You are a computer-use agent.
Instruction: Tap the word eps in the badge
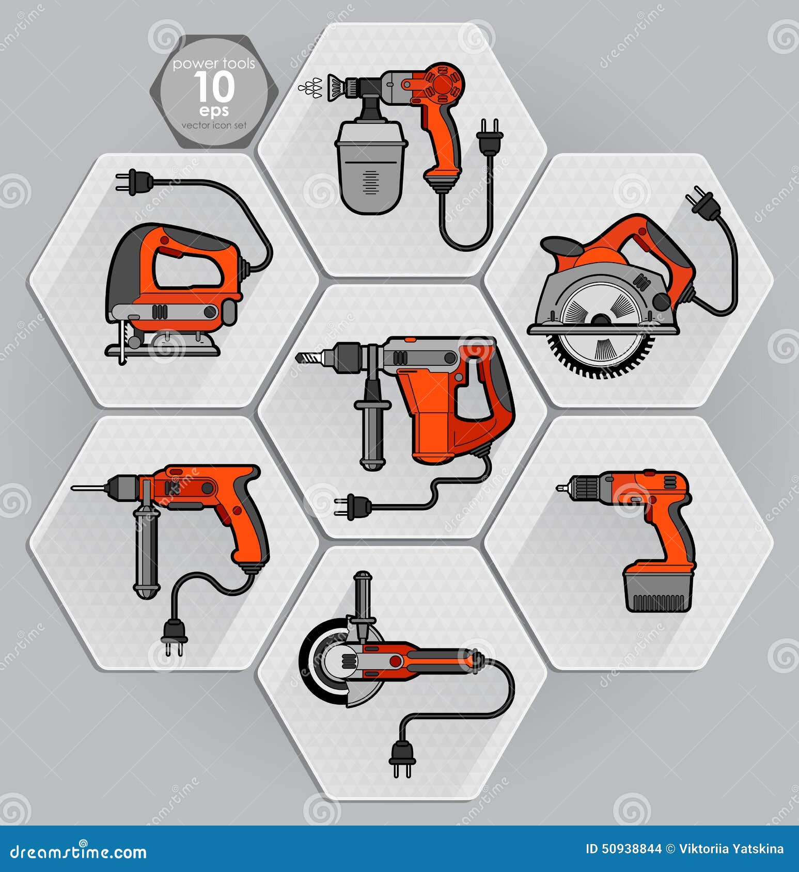[x=214, y=110]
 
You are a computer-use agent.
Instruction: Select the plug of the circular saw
[x=703, y=203]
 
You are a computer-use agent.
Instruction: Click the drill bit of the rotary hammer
[x=308, y=357]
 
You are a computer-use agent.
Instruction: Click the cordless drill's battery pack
[x=657, y=591]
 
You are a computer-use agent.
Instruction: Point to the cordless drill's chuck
[x=584, y=486]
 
